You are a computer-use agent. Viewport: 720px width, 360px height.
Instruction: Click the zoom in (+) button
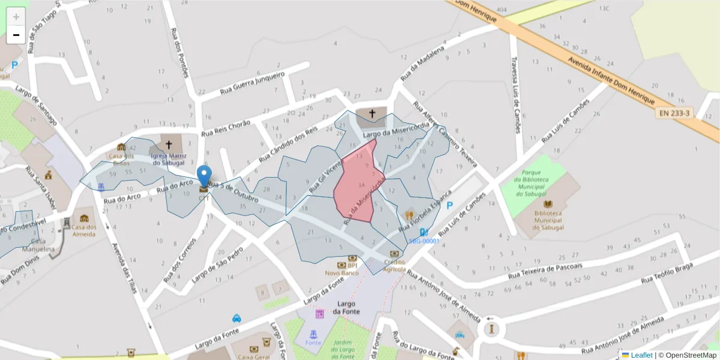point(16,17)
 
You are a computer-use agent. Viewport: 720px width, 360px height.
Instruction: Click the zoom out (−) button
point(16,35)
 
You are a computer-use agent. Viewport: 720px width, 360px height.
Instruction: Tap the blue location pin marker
point(204,176)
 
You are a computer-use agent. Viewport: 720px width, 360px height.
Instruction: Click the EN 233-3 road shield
point(674,112)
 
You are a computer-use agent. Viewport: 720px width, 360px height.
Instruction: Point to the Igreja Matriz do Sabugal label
point(169,158)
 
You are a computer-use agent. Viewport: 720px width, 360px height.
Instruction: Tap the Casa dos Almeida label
point(84,230)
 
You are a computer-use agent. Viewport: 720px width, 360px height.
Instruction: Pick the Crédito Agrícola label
point(394,265)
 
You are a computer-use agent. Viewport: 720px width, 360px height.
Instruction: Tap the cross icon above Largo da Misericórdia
point(372,113)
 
